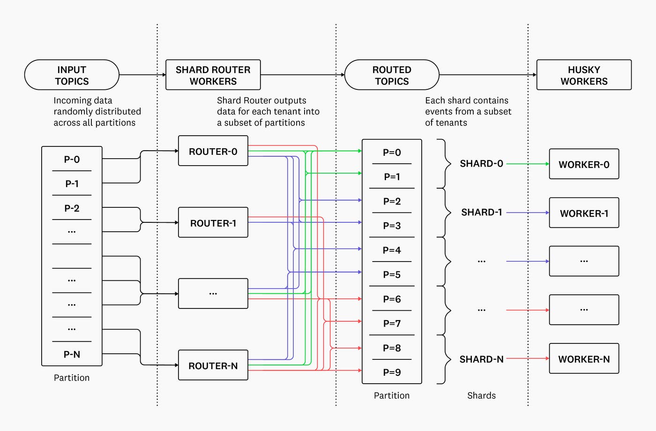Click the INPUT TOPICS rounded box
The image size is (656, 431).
(x=72, y=75)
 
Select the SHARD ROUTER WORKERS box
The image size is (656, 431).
(x=213, y=75)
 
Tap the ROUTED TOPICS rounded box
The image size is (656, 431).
(x=392, y=75)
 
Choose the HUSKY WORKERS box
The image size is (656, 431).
(x=584, y=75)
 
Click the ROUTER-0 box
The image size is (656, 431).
(x=213, y=151)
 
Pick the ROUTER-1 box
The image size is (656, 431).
(x=213, y=223)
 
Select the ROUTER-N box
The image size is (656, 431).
(x=213, y=365)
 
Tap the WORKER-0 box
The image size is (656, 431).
(x=584, y=164)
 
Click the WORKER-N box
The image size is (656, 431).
(x=584, y=359)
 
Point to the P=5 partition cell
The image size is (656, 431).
(x=392, y=274)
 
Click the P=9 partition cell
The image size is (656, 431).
(x=392, y=372)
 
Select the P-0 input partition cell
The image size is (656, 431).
(x=72, y=159)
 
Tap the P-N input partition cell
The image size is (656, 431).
(x=72, y=354)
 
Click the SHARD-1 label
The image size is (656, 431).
(x=481, y=212)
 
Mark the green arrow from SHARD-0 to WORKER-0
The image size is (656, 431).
(x=527, y=164)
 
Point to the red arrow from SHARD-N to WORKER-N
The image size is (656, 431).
(x=527, y=358)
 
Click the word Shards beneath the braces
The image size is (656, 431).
(x=481, y=395)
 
